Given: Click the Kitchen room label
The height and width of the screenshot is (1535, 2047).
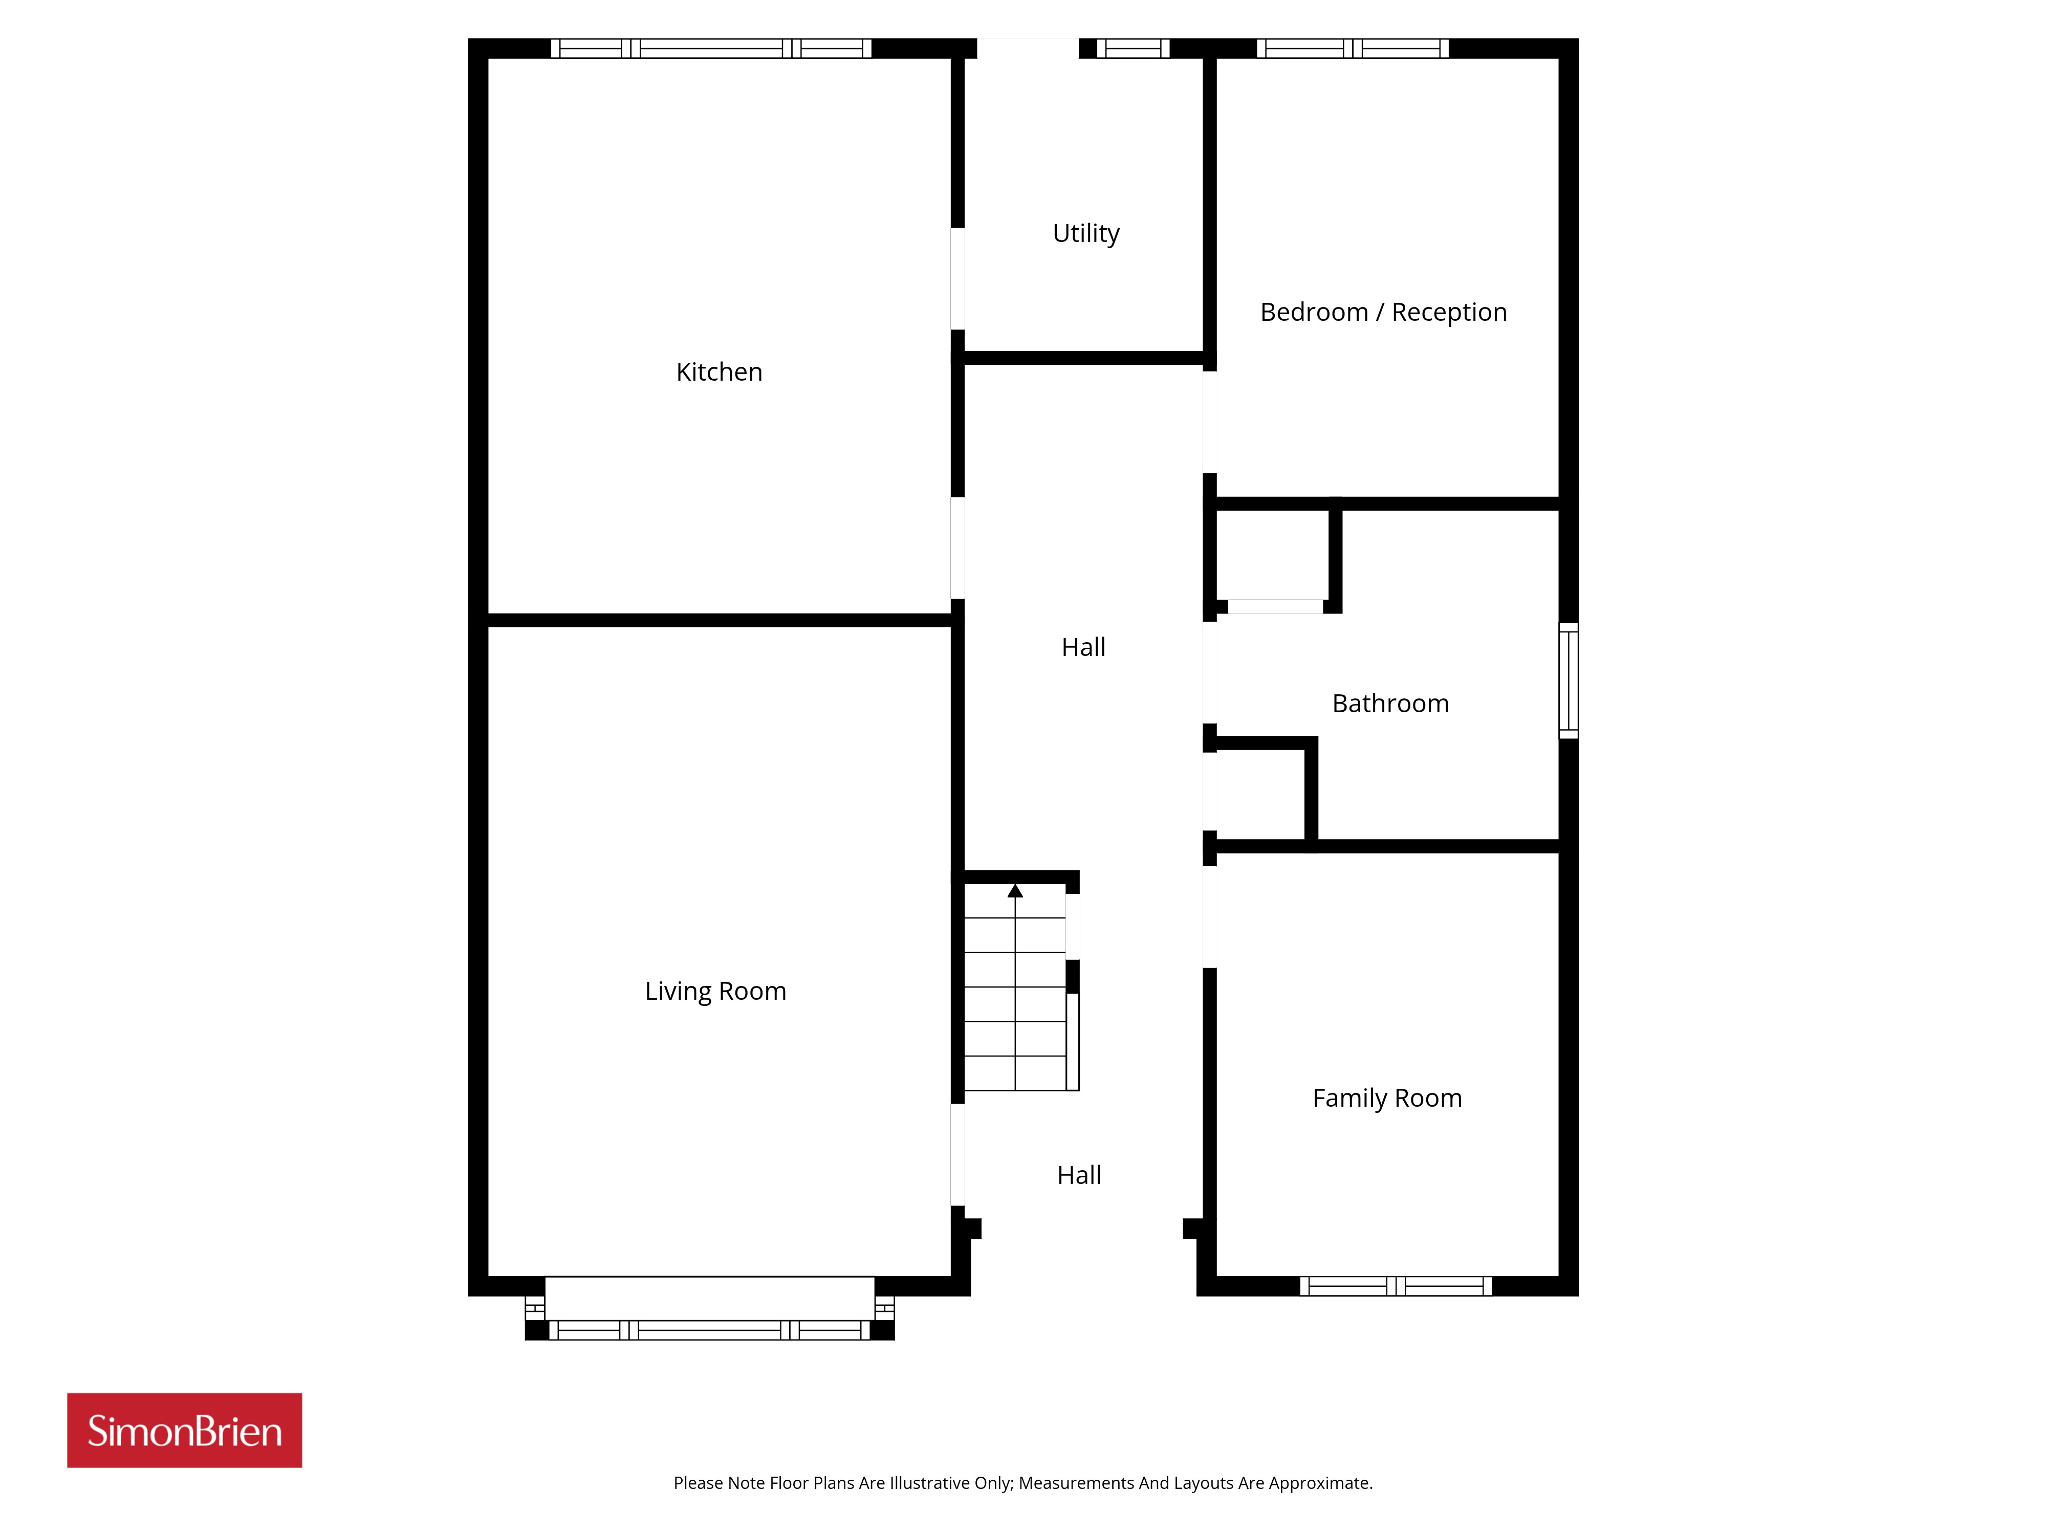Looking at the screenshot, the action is click(719, 372).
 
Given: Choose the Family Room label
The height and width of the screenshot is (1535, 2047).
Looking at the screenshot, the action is click(1387, 1098).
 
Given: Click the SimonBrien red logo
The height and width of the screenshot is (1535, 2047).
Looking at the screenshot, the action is click(184, 1431).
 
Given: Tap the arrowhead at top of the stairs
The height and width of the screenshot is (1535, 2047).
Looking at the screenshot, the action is click(1015, 891).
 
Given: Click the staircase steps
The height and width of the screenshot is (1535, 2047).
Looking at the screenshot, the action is click(1015, 987).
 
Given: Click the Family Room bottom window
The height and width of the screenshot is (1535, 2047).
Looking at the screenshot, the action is click(1396, 1286).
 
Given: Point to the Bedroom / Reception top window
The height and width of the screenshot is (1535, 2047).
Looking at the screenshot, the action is click(1352, 48).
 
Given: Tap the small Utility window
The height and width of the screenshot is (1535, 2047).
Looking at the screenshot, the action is click(1134, 48).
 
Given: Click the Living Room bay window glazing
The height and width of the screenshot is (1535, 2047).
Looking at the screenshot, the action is click(710, 1330).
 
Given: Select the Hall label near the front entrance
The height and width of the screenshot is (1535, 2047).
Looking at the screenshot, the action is click(1079, 1176).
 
